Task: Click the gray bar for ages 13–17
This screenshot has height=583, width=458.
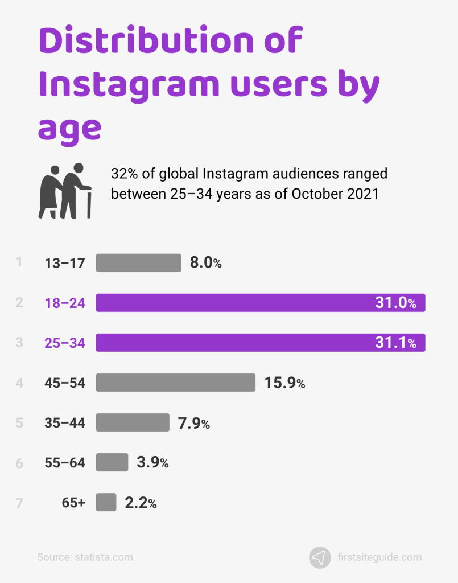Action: pyautogui.click(x=138, y=263)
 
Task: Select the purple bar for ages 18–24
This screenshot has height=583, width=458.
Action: pyautogui.click(x=228, y=303)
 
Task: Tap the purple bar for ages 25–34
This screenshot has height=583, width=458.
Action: pyautogui.click(x=228, y=343)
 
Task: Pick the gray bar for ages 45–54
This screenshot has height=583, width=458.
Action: pyautogui.click(x=175, y=383)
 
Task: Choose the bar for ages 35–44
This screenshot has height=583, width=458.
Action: pyautogui.click(x=133, y=422)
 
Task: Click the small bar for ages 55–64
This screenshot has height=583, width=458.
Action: pyautogui.click(x=112, y=462)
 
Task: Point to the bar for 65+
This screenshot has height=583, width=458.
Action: pyautogui.click(x=106, y=502)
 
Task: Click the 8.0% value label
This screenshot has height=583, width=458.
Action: pyautogui.click(x=205, y=263)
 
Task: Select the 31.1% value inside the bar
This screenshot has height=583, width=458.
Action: pyautogui.click(x=395, y=343)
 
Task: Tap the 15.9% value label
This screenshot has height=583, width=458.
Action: pyautogui.click(x=284, y=383)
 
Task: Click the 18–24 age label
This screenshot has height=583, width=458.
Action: pyautogui.click(x=65, y=303)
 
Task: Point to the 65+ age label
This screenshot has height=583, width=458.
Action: pyautogui.click(x=73, y=503)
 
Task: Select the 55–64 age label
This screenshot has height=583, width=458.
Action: pyautogui.click(x=65, y=463)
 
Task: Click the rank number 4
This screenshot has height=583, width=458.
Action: pyautogui.click(x=19, y=383)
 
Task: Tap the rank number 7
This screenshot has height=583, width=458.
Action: pyautogui.click(x=19, y=503)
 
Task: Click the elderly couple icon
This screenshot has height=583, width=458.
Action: pyautogui.click(x=64, y=191)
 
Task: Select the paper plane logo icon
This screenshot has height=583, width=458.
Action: pyautogui.click(x=320, y=557)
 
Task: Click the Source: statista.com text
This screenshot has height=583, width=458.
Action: pyautogui.click(x=85, y=557)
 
